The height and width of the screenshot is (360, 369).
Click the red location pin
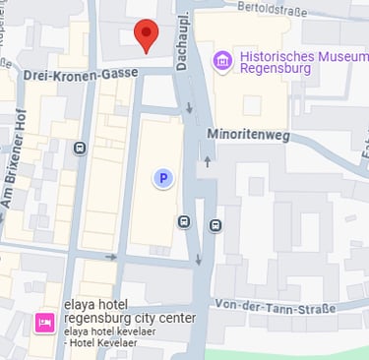146,35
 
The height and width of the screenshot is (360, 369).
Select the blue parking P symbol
164,178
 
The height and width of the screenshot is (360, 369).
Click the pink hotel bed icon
44,322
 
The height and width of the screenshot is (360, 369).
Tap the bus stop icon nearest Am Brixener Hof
80,148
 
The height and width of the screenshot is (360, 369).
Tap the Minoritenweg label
248,135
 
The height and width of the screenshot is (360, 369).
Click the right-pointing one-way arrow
111,258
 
